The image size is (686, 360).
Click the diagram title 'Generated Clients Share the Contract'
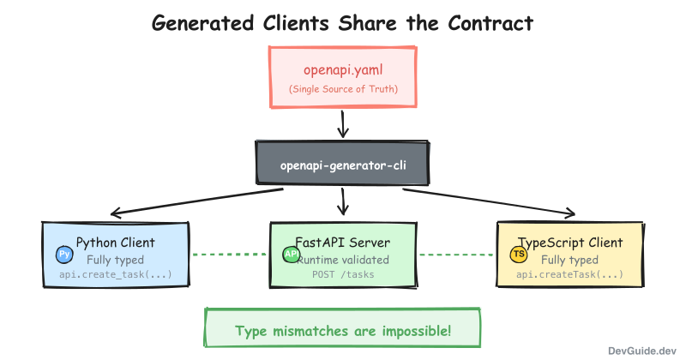(342, 23)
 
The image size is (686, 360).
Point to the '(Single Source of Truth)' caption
(343, 89)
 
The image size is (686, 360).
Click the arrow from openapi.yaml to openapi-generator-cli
(343, 123)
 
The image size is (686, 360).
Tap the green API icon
(291, 255)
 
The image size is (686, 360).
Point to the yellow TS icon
(519, 255)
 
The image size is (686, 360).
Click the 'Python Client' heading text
(116, 242)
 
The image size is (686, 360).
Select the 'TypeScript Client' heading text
(570, 242)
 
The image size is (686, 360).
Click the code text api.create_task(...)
(116, 275)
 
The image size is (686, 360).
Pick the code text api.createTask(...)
(570, 275)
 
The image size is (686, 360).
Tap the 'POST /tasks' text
(343, 275)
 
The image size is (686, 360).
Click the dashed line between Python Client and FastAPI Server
(229, 255)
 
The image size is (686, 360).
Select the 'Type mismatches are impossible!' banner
(342, 330)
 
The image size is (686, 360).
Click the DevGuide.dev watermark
(642, 351)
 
